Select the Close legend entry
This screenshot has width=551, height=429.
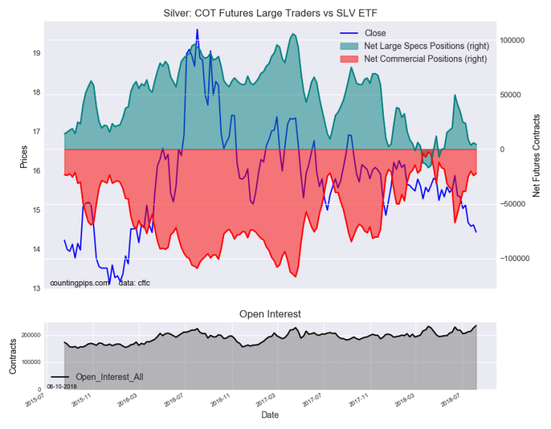tap(375, 33)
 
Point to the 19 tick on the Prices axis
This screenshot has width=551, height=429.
tap(36, 53)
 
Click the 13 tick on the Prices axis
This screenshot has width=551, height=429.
tap(36, 289)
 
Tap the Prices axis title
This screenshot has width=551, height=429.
tap(24, 157)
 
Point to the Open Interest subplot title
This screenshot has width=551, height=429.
tap(269, 314)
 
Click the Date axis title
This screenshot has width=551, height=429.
tap(269, 415)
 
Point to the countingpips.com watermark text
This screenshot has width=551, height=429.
tap(79, 283)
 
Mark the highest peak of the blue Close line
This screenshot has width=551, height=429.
tap(197, 30)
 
